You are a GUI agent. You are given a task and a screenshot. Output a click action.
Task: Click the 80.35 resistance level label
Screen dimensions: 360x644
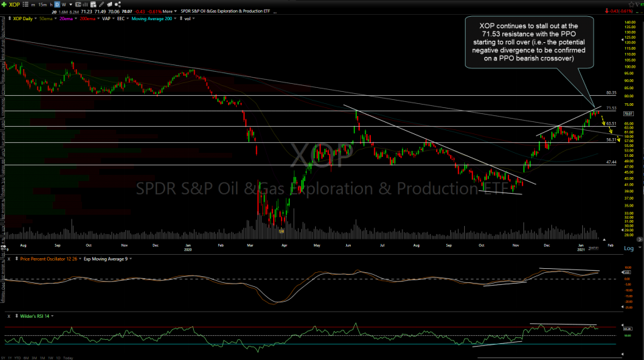610,93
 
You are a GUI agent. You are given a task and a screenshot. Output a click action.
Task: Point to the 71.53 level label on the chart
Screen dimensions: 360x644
610,108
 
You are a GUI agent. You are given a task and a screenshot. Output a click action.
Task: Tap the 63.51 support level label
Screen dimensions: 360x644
610,124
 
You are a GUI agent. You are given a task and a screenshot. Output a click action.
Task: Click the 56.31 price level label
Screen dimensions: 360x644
610,139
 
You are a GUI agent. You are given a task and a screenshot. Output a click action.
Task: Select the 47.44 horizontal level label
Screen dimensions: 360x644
610,162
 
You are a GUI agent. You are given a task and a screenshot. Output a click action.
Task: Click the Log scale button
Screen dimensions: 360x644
628,249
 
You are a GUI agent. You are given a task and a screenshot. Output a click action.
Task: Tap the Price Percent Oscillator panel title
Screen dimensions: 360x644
48,259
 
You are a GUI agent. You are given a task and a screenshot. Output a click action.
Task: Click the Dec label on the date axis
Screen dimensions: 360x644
547,246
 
